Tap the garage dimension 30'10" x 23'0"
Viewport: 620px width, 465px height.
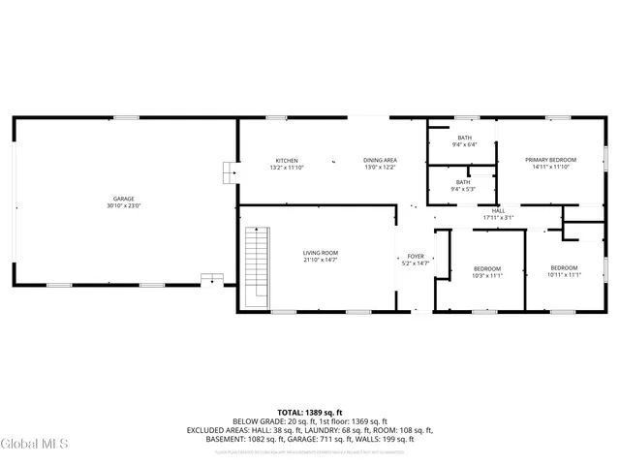coord(124,206)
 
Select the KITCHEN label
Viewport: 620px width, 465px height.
coord(287,160)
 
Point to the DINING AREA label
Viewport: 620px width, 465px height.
coord(380,160)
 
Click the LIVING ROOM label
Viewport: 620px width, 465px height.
coord(321,253)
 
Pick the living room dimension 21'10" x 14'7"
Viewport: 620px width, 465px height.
coord(321,261)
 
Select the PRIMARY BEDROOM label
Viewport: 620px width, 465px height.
coord(550,160)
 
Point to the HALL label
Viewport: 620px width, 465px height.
coord(498,210)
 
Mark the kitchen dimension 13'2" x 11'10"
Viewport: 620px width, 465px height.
coord(287,168)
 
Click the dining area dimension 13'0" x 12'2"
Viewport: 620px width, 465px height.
coord(380,168)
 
